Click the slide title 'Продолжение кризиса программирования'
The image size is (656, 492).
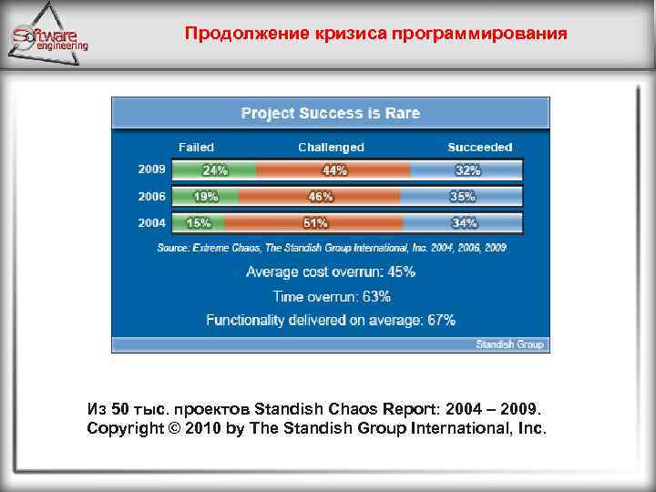[x=375, y=35]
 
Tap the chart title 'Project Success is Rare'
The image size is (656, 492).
[x=330, y=113]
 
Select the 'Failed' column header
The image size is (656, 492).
[x=196, y=147]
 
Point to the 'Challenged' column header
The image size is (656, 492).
[x=331, y=147]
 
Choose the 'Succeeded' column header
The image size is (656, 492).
[x=479, y=147]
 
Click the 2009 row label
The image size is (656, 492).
[x=151, y=169]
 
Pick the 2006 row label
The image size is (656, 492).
[x=151, y=196]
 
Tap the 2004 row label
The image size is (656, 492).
[x=151, y=222]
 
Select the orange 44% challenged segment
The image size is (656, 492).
[x=333, y=170]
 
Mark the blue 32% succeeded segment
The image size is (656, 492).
[x=466, y=170]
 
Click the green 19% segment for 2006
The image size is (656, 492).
[x=206, y=196]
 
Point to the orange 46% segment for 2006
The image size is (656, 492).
[x=320, y=196]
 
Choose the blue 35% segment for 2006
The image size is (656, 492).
[x=461, y=196]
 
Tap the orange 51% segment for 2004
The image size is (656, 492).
[x=314, y=222]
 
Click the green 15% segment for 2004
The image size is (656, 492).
[x=199, y=222]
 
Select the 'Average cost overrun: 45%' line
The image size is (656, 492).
[x=331, y=272]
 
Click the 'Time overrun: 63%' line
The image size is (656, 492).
[x=332, y=296]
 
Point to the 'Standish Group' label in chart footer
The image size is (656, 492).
[x=509, y=344]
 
